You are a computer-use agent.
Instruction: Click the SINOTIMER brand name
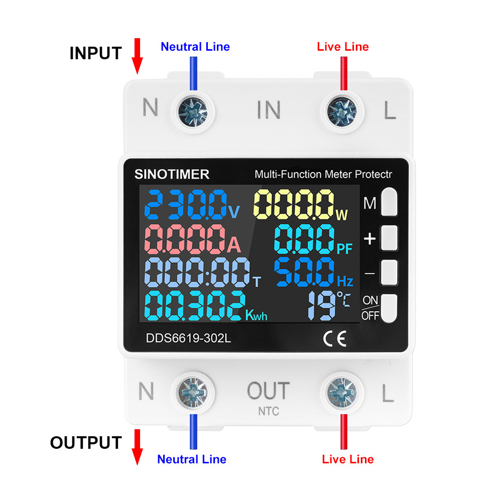(172, 175)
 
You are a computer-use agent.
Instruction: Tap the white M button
(389, 202)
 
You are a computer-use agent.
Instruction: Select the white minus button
(389, 272)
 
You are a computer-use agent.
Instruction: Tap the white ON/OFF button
(389, 308)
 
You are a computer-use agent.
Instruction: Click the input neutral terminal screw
(193, 112)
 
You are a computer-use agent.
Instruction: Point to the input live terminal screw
(342, 112)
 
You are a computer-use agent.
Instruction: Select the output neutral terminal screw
(193, 393)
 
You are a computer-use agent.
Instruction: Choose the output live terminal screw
(342, 393)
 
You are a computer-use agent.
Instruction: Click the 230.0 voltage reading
(191, 205)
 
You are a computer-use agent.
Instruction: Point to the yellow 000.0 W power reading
(300, 205)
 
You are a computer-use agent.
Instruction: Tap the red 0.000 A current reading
(192, 239)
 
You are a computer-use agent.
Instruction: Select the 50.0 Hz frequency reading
(313, 272)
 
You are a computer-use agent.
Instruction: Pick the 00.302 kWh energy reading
(205, 306)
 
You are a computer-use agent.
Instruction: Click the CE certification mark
(334, 339)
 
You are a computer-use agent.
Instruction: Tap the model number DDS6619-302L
(188, 338)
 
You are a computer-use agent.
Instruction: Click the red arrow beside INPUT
(138, 56)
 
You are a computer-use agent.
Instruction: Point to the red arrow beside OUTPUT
(138, 447)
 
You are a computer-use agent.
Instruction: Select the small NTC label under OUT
(269, 411)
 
